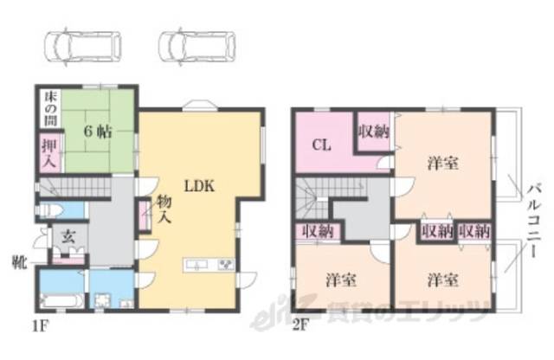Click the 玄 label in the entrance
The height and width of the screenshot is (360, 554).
tap(68, 236)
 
